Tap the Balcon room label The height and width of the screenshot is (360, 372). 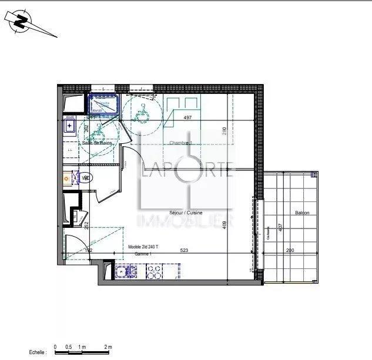pos(302,213)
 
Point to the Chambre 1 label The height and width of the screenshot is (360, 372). pos(180,143)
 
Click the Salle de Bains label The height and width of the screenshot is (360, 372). pos(98,143)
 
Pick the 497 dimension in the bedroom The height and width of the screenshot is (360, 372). pos(188,117)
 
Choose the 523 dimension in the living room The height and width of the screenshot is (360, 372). pos(183,250)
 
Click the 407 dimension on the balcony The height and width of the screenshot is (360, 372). pos(280,226)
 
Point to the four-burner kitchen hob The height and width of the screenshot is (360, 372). pos(155,271)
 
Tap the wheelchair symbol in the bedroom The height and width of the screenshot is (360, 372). pos(141,112)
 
